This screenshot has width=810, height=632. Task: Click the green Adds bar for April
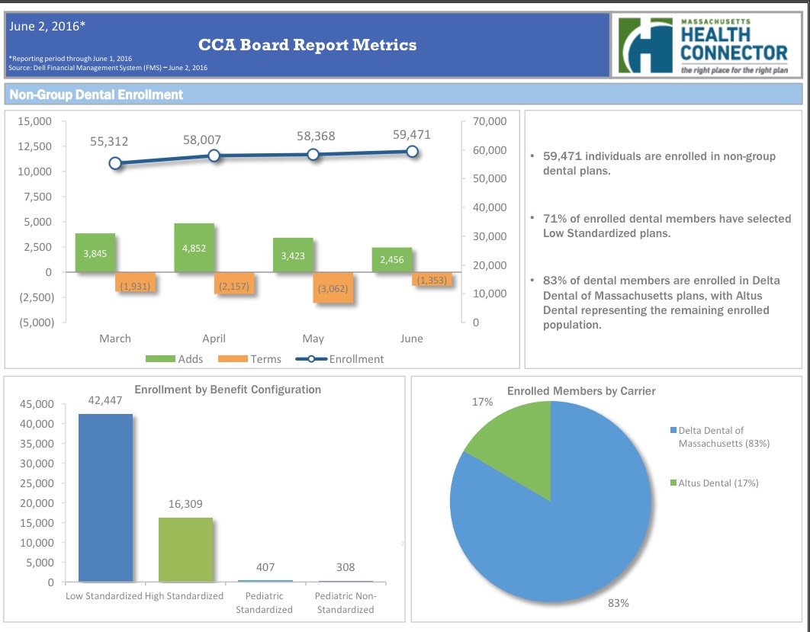[x=194, y=248]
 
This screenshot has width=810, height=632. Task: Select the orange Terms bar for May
[x=333, y=287]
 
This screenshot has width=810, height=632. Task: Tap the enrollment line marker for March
[x=115, y=163]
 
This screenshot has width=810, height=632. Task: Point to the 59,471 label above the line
[x=412, y=135]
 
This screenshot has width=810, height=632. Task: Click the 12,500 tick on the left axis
[x=34, y=146]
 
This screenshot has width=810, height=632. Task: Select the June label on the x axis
[x=411, y=338]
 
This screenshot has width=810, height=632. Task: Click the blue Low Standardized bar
[x=105, y=497]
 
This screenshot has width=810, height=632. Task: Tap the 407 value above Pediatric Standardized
[x=265, y=567]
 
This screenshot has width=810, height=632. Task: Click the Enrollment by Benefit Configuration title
[x=227, y=390]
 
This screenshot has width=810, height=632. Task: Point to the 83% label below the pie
[x=618, y=603]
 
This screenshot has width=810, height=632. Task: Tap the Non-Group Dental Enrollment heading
[x=96, y=95]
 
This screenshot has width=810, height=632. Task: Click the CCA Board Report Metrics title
[x=307, y=45]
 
